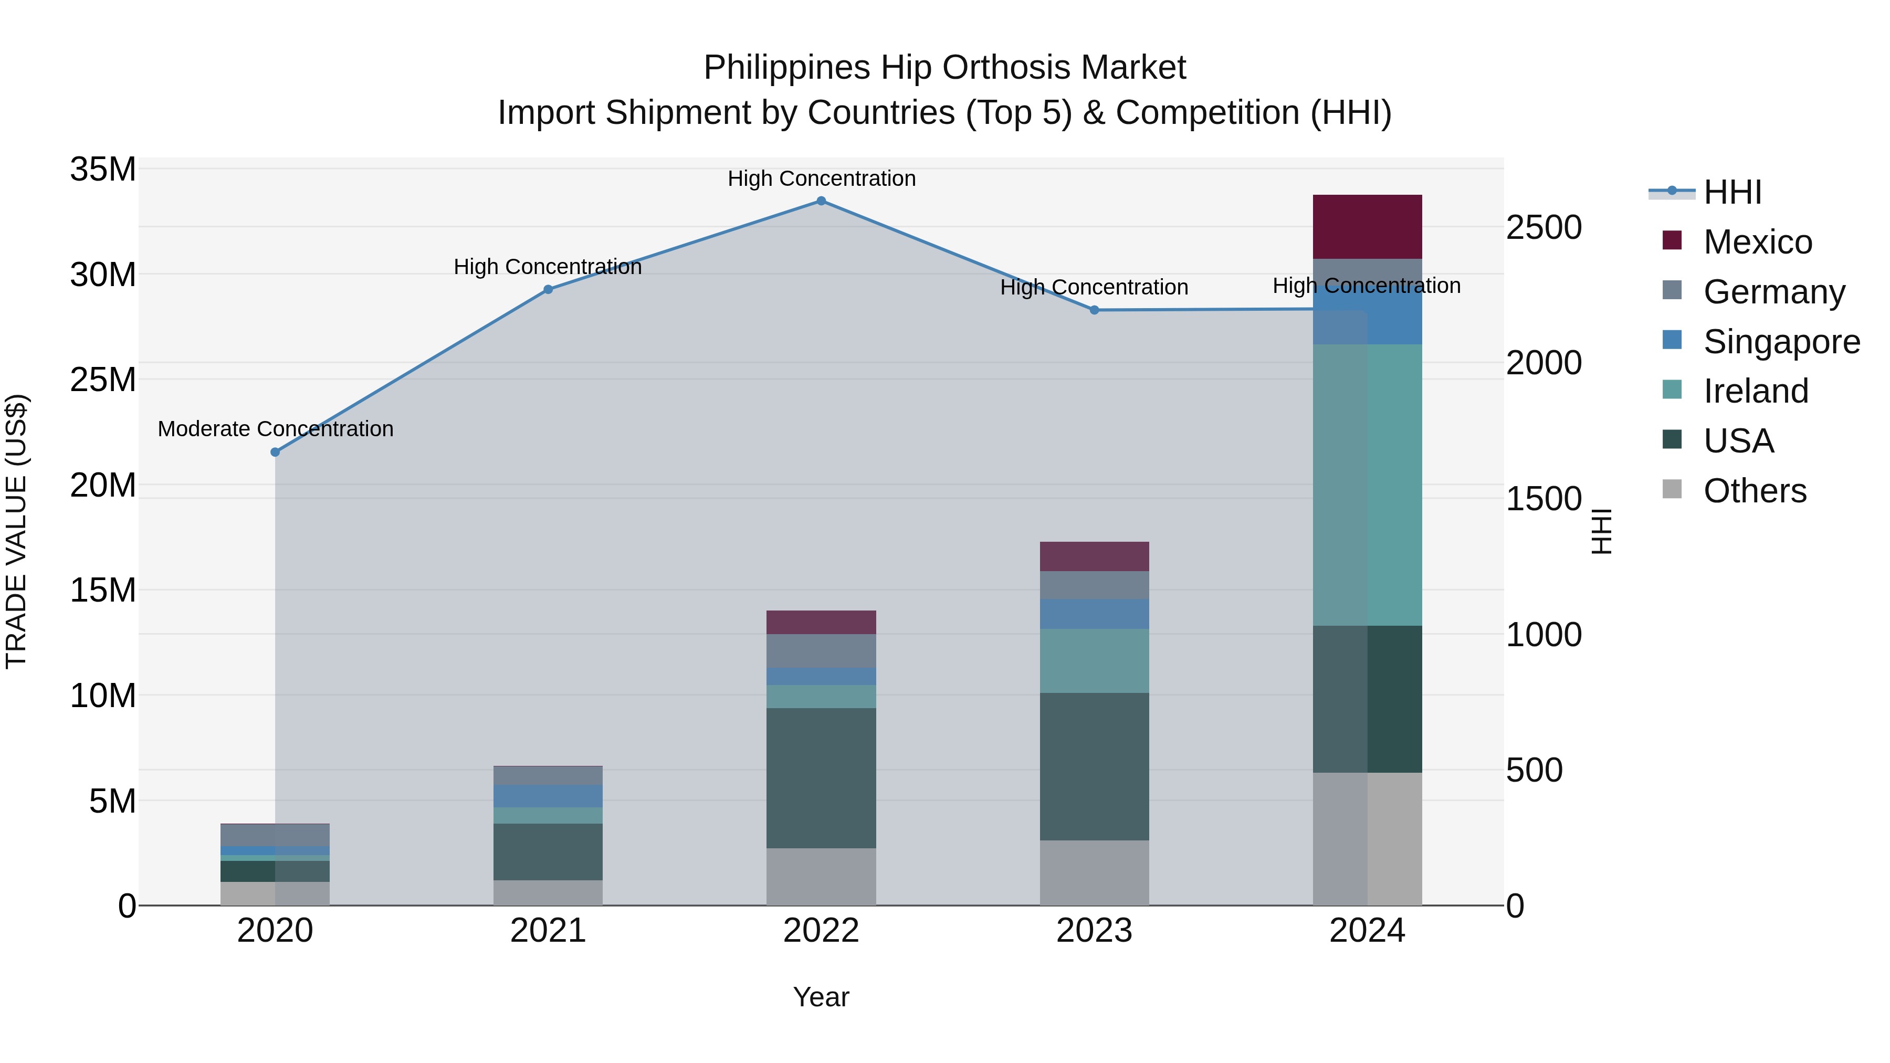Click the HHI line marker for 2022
tap(821, 201)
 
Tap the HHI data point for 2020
tap(275, 452)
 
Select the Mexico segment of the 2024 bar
tap(1367, 227)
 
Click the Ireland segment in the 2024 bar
tap(1367, 484)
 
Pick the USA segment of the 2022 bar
tap(821, 777)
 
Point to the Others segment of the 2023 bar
tap(1094, 872)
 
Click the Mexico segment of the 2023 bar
tap(1094, 556)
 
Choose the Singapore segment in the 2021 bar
tap(548, 796)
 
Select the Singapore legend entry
tap(1781, 342)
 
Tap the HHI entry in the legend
tap(1731, 192)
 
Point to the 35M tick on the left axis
tap(103, 170)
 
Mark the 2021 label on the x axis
tap(548, 931)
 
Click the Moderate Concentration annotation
tap(275, 429)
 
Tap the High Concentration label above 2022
tap(821, 178)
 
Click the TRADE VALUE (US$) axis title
tap(16, 531)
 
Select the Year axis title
tap(821, 997)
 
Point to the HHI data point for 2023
tap(1094, 310)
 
